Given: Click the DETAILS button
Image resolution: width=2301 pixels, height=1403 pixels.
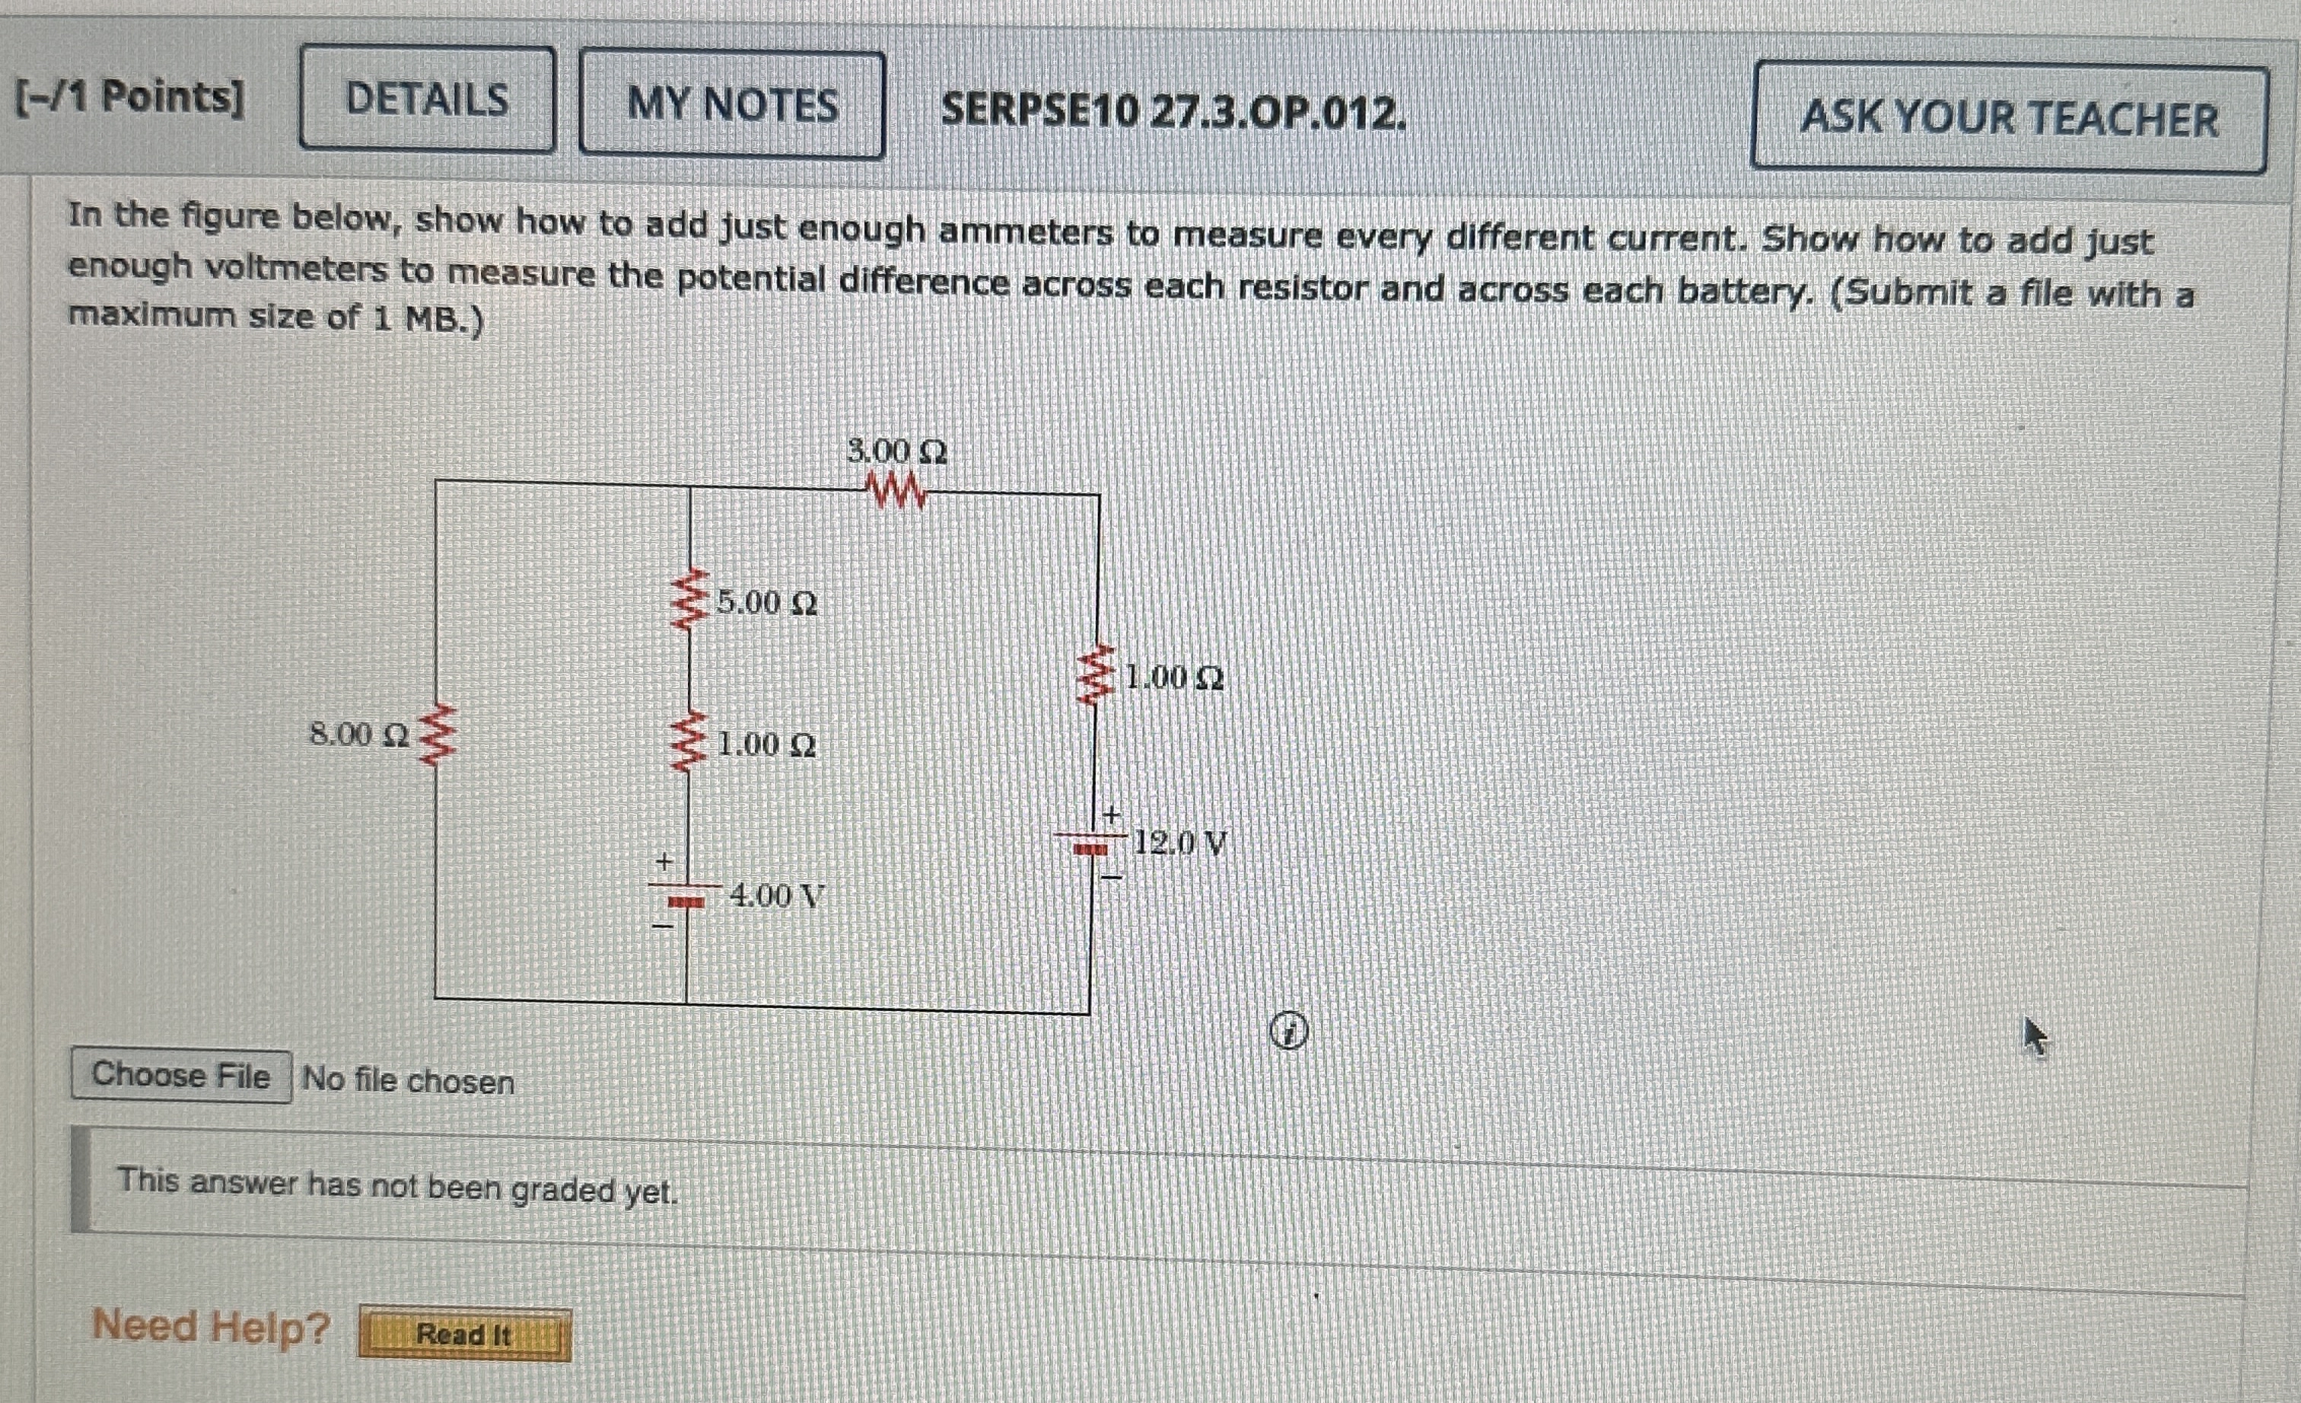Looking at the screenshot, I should (427, 99).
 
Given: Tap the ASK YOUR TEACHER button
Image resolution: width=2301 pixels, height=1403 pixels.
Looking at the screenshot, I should (2008, 118).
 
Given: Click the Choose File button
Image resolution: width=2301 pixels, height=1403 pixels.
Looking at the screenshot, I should (181, 1076).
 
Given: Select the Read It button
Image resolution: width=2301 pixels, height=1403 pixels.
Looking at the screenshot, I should (464, 1334).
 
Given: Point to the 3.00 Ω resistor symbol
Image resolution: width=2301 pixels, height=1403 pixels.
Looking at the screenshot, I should (897, 491).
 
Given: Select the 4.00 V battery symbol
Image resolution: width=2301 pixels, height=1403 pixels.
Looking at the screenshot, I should (687, 900).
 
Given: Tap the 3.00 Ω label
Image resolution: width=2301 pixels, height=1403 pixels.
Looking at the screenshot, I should (896, 452).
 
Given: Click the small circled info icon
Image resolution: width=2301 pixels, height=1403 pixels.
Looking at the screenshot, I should (1289, 1032).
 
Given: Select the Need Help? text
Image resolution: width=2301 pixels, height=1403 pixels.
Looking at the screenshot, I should (211, 1325).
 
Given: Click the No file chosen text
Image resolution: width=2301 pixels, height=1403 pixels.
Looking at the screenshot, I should (408, 1081).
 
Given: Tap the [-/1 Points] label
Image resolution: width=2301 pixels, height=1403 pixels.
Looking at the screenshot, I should (130, 96).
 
